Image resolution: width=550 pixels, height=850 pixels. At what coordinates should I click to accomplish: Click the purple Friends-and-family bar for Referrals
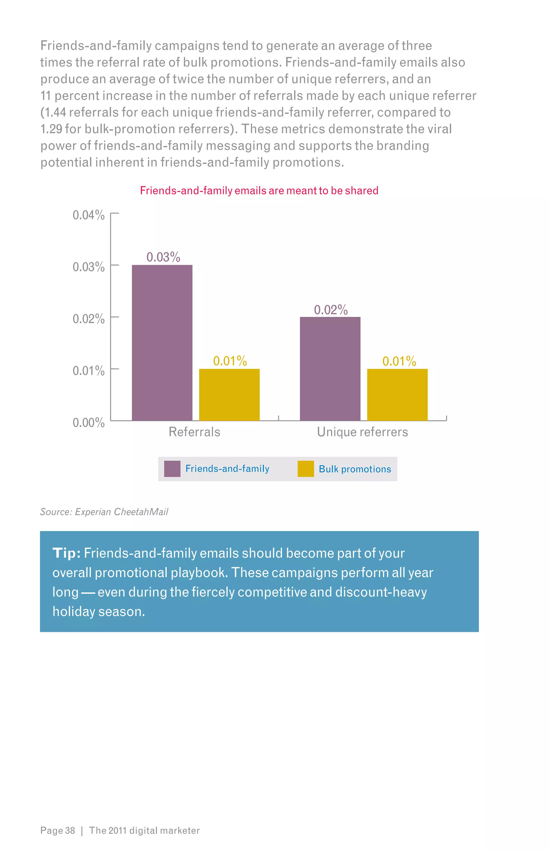(162, 343)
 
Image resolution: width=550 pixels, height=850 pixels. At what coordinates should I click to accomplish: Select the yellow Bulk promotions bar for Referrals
(229, 394)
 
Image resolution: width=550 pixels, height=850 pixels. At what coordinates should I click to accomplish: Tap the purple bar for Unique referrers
(330, 369)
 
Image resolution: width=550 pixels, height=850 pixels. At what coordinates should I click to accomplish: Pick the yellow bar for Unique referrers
(397, 394)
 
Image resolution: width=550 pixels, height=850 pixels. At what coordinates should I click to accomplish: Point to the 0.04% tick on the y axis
(89, 215)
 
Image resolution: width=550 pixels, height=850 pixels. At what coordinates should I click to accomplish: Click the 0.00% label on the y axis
(89, 423)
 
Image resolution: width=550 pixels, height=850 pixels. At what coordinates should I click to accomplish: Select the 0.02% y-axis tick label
(89, 319)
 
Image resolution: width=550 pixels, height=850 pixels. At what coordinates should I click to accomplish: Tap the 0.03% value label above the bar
(163, 257)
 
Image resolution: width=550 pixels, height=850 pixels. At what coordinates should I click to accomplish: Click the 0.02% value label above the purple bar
(331, 310)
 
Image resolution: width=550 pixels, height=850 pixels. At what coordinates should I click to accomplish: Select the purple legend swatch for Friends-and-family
(172, 469)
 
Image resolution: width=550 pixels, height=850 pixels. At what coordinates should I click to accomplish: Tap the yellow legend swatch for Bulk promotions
(306, 469)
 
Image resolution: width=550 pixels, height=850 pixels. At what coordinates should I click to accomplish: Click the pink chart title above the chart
(259, 190)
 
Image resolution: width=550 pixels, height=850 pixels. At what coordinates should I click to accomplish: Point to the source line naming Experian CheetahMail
(104, 512)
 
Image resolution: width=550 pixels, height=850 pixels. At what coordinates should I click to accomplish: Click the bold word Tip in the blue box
(66, 553)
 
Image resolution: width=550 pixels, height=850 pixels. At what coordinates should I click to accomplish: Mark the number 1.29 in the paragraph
(51, 129)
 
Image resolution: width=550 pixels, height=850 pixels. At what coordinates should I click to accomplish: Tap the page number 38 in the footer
(70, 830)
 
